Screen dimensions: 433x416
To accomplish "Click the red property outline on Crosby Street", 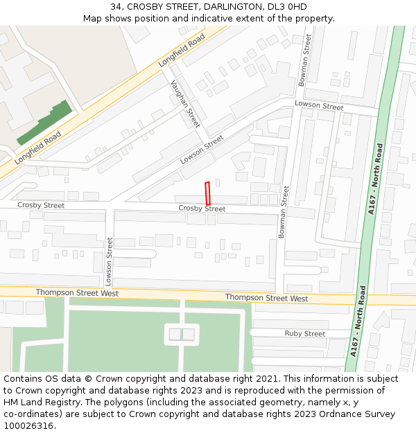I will pos(207,193).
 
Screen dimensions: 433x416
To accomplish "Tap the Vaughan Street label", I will pos(185,103).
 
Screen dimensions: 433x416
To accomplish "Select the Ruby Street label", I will pos(304,334).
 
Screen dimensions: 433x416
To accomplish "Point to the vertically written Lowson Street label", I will pos(109,262).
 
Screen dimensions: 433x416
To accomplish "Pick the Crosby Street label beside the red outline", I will pos(202,209).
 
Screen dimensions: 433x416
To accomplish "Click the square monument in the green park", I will pos(182,335).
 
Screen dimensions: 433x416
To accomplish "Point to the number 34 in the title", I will pos(115,7).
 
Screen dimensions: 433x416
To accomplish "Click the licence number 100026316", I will pos(28,426).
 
